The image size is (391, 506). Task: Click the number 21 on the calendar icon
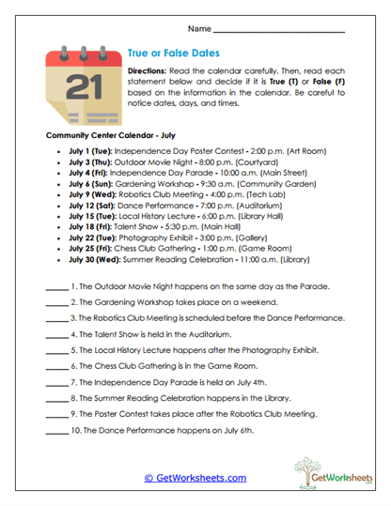(82, 87)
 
